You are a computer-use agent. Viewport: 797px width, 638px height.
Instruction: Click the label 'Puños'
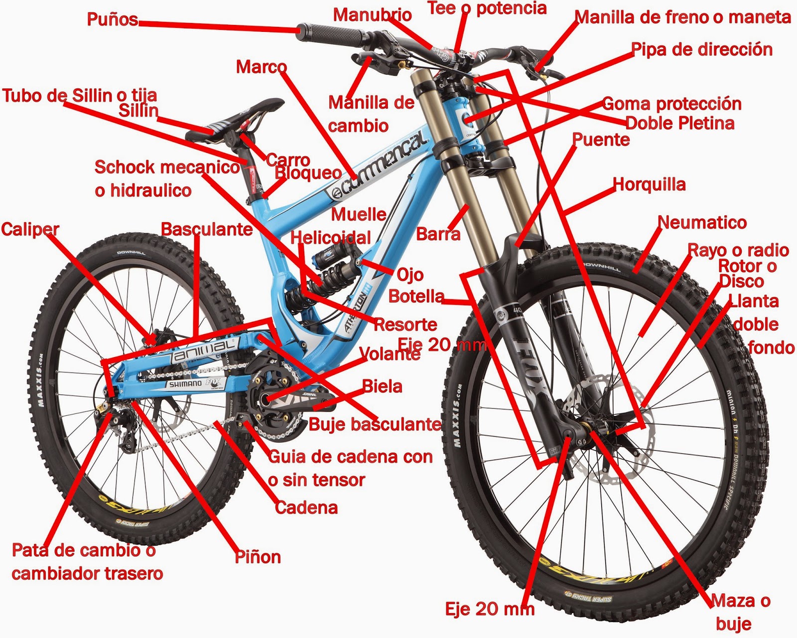point(112,19)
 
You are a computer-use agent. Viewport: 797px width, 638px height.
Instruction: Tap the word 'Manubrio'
point(372,15)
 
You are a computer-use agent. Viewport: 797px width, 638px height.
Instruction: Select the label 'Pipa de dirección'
point(701,50)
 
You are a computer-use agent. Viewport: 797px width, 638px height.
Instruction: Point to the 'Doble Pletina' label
point(679,123)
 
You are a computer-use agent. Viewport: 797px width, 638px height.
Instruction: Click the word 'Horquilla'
point(649,184)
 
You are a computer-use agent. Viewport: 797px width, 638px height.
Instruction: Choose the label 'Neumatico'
point(702,222)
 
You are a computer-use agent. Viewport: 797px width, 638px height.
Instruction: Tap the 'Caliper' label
point(30,229)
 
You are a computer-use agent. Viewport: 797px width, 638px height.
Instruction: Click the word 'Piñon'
point(258,557)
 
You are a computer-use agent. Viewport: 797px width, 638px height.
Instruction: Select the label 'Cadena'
point(306,508)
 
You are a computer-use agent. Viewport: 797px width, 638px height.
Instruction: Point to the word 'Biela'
point(382,386)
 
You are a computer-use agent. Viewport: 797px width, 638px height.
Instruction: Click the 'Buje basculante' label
point(375,424)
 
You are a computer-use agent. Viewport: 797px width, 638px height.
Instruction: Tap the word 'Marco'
point(261,67)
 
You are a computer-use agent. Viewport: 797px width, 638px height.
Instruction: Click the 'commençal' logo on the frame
point(379,164)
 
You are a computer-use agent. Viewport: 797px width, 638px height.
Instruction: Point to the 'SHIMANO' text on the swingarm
point(185,384)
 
